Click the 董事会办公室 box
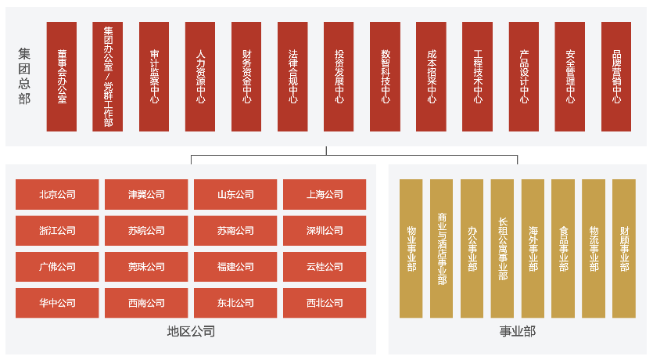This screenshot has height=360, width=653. [62, 77]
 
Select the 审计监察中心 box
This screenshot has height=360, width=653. [154, 77]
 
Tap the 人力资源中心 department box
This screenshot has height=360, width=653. [200, 77]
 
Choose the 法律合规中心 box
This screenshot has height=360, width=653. [292, 77]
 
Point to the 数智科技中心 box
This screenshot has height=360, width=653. [385, 77]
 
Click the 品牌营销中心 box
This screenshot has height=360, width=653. [616, 77]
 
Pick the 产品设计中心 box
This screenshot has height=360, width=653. [524, 77]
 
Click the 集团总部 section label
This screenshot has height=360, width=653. [24, 77]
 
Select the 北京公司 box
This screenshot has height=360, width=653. [57, 195]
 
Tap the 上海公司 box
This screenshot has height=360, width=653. [325, 195]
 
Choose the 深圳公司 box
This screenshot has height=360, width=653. [325, 231]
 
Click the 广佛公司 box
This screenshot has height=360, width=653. [57, 267]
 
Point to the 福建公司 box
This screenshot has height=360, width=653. [235, 267]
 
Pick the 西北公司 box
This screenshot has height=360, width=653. [325, 303]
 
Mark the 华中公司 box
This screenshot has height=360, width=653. [57, 303]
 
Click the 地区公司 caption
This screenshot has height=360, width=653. [191, 331]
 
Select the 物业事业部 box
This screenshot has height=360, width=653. [411, 249]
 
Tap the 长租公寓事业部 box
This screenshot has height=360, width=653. [503, 249]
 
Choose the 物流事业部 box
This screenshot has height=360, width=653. [594, 249]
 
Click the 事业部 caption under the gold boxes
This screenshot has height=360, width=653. [518, 331]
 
